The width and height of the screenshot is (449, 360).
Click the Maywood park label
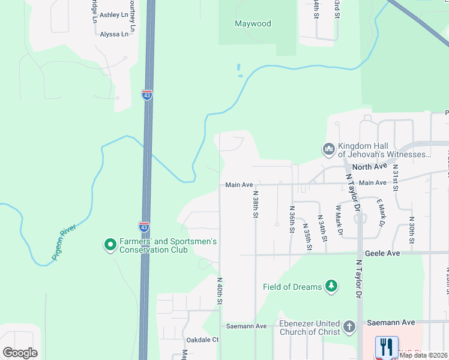252,24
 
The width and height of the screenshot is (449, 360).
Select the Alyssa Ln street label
114,34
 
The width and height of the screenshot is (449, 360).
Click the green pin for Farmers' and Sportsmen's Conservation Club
110,244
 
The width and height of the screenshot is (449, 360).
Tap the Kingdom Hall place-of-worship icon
328,148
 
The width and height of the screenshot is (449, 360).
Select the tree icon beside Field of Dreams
331,286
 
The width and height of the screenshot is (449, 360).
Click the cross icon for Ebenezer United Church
350,328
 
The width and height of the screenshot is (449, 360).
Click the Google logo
20,352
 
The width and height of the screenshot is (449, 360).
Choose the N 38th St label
255,205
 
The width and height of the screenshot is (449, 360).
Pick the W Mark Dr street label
339,220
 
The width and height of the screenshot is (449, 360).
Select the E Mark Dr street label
381,214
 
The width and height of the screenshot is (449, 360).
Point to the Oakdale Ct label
203,340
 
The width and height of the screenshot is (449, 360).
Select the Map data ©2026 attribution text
423,355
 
